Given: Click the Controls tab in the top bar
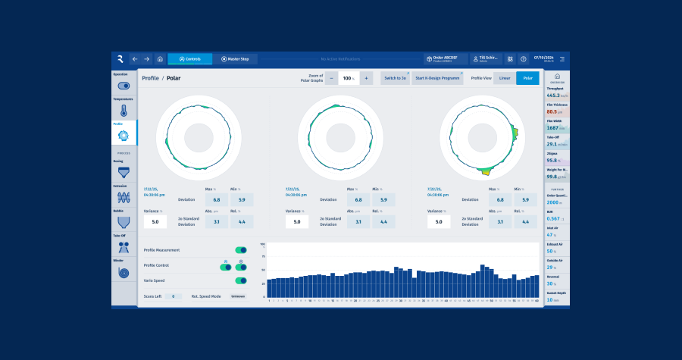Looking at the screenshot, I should click(x=190, y=58).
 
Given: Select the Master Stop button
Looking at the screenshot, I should click(x=235, y=58).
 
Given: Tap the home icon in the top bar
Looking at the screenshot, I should click(x=160, y=58).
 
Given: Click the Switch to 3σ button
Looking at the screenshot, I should click(x=395, y=78).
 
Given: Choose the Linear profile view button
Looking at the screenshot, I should click(x=505, y=78).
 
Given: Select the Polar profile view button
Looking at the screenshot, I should click(x=527, y=78).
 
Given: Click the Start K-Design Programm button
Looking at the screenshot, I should click(x=437, y=78).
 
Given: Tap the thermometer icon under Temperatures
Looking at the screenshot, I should click(x=124, y=110).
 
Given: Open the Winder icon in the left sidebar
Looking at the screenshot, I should click(x=124, y=272).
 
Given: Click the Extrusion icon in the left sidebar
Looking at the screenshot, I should click(x=124, y=197).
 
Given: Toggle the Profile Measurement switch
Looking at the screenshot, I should click(x=241, y=249).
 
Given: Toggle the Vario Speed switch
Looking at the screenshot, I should click(x=241, y=280).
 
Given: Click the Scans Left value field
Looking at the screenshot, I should click(x=174, y=296).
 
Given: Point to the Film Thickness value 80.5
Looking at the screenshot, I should click(x=552, y=112).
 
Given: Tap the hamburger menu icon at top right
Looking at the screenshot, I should click(x=562, y=58).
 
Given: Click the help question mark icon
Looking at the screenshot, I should click(x=523, y=58).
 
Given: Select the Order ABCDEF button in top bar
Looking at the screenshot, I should click(x=446, y=58).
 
